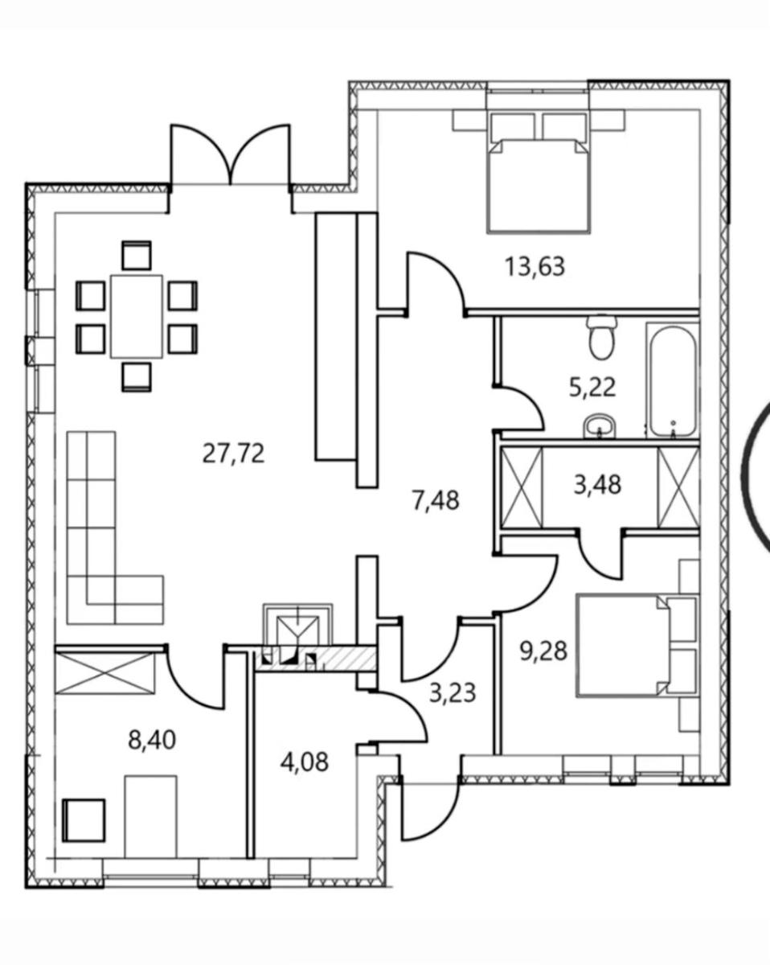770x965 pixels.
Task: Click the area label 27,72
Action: click(x=234, y=454)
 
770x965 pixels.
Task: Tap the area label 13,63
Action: click(x=534, y=266)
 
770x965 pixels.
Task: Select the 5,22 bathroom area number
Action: click(x=592, y=388)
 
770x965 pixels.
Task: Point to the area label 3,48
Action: click(x=597, y=485)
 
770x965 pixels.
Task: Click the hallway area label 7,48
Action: click(x=436, y=500)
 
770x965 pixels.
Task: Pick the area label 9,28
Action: click(x=543, y=651)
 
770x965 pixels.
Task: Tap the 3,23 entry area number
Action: click(x=453, y=693)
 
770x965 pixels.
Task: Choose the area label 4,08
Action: click(x=305, y=762)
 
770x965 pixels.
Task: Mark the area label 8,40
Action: click(x=152, y=740)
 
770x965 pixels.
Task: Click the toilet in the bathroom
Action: click(x=601, y=338)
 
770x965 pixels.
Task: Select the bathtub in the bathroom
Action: click(x=673, y=380)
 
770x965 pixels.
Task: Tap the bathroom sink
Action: click(x=600, y=426)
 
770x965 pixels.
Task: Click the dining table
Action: click(x=137, y=317)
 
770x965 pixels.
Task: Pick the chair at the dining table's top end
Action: click(x=137, y=255)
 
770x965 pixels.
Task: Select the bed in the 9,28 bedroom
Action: click(x=624, y=646)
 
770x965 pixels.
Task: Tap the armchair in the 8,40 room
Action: click(x=84, y=820)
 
